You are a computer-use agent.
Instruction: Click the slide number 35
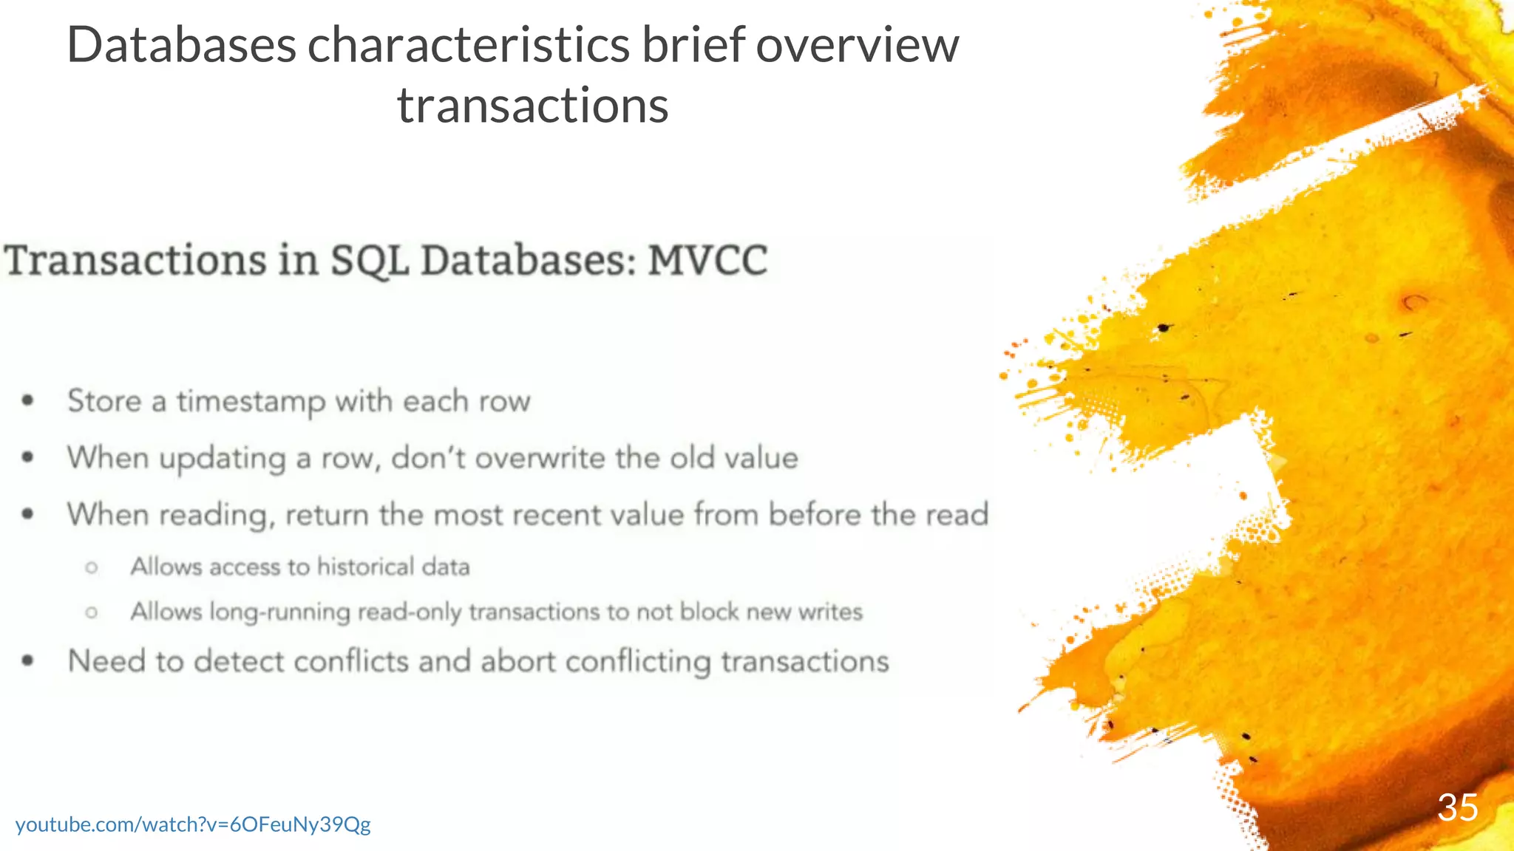(x=1457, y=807)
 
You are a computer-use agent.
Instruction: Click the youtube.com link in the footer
(x=193, y=824)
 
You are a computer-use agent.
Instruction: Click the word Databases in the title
(x=181, y=45)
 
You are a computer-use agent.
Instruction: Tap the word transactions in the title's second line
(x=532, y=106)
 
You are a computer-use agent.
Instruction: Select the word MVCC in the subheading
(x=707, y=261)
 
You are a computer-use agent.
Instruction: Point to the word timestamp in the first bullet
(x=251, y=402)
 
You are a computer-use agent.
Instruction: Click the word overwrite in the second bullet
(x=540, y=458)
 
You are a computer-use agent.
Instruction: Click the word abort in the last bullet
(x=517, y=661)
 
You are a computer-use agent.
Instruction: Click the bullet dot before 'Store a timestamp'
(x=28, y=401)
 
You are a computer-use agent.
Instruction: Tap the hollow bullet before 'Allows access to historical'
(x=92, y=567)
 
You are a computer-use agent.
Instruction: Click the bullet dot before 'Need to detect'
(x=28, y=661)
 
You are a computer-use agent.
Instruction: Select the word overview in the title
(x=857, y=45)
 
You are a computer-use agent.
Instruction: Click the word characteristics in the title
(x=468, y=45)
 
